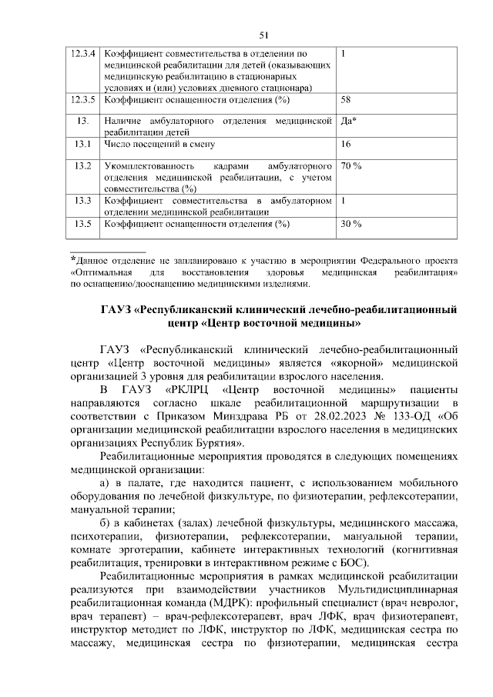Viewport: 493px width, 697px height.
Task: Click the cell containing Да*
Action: click(x=348, y=122)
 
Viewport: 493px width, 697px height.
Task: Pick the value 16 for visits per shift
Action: click(x=346, y=144)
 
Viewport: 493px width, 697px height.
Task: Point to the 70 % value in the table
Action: click(x=351, y=166)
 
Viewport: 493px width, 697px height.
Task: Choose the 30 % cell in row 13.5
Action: click(x=351, y=224)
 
